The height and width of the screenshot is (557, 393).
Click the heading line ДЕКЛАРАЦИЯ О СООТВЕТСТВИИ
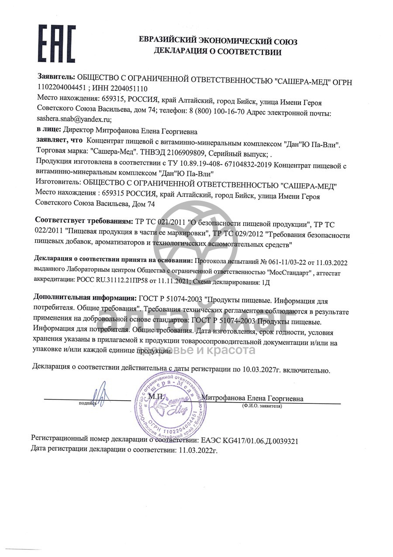click(217, 52)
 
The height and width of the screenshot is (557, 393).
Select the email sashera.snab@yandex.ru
click(75, 119)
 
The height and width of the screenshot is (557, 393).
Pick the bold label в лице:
click(48, 131)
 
